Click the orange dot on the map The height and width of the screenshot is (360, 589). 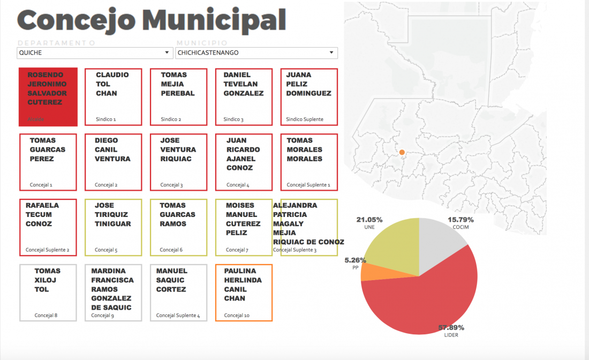(x=402, y=153)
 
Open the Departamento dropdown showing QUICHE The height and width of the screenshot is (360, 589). (x=94, y=53)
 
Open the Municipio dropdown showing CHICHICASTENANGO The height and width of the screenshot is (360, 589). (x=256, y=53)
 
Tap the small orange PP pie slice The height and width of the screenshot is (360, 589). (x=368, y=272)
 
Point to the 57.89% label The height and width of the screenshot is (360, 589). (x=451, y=327)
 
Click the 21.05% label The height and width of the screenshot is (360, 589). (x=369, y=220)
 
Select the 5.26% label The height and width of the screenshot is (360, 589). (x=356, y=260)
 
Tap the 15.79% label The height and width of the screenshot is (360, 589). (x=460, y=220)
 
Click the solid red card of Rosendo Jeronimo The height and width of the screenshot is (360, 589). (x=48, y=97)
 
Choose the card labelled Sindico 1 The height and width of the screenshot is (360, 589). (x=113, y=97)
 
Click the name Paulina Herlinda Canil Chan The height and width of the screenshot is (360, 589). (x=243, y=284)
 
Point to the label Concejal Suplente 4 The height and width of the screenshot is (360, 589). (x=178, y=316)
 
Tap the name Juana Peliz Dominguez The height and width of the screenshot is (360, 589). (x=308, y=84)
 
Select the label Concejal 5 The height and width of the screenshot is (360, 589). (x=106, y=250)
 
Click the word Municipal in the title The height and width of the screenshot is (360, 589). (x=214, y=20)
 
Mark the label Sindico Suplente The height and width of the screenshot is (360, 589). (x=305, y=119)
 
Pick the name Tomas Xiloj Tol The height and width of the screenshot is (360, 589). (x=47, y=280)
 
